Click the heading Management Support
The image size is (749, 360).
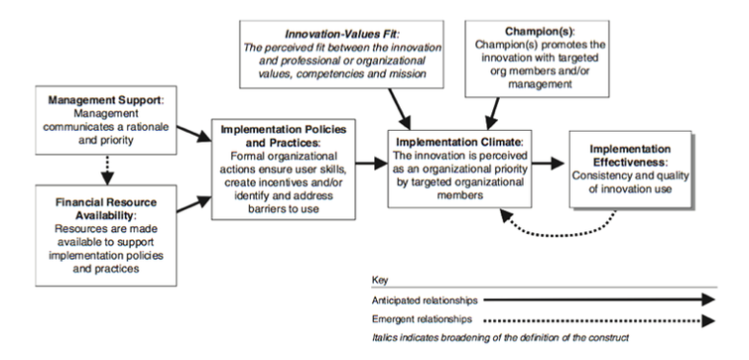[88, 100]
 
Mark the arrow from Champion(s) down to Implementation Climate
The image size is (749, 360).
[493, 106]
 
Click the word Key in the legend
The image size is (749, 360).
[381, 280]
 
